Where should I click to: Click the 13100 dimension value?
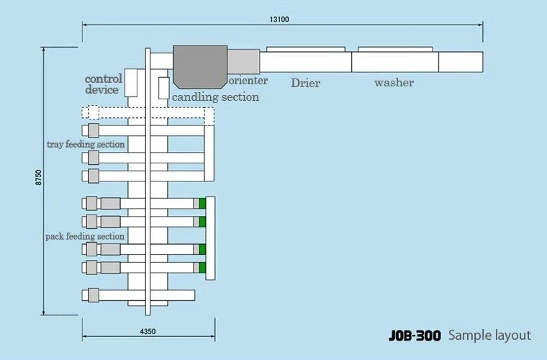pyautogui.click(x=279, y=19)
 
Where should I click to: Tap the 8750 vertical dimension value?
pyautogui.click(x=39, y=177)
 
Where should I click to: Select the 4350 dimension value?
pyautogui.click(x=148, y=331)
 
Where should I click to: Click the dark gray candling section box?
pyautogui.click(x=200, y=67)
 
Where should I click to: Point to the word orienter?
pyautogui.click(x=248, y=81)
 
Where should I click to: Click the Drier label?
pyautogui.click(x=305, y=83)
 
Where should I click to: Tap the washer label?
pyautogui.click(x=394, y=83)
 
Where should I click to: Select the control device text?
pyautogui.click(x=103, y=84)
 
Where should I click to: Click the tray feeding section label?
pyautogui.click(x=86, y=145)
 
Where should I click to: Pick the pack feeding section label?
pyautogui.click(x=85, y=236)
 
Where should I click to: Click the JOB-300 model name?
pyautogui.click(x=415, y=336)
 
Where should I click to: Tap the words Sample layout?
pyautogui.click(x=489, y=336)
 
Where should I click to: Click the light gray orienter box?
pyautogui.click(x=243, y=61)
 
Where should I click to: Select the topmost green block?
pyautogui.click(x=202, y=203)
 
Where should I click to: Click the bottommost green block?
pyautogui.click(x=202, y=268)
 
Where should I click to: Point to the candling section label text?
pyautogui.click(x=216, y=97)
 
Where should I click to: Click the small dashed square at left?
pyautogui.click(x=94, y=112)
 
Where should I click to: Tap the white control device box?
pyautogui.click(x=131, y=83)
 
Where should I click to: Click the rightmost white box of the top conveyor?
pyautogui.click(x=461, y=62)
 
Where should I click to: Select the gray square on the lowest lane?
pyautogui.click(x=94, y=295)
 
